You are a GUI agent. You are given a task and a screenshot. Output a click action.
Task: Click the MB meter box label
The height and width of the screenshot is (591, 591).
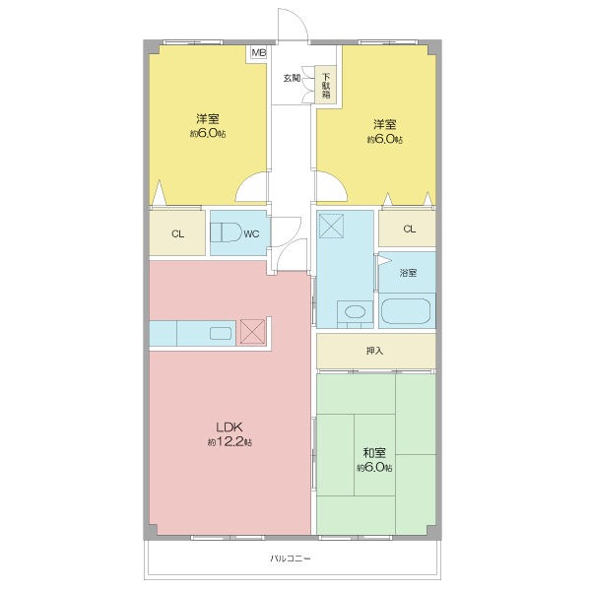point(259,52)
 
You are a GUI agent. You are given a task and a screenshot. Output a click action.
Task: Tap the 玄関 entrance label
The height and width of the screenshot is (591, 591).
point(293,78)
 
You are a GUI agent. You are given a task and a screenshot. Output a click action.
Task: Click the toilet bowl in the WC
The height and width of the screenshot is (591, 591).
point(230,232)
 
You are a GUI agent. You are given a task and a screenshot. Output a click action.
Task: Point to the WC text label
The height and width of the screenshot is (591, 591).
point(251,234)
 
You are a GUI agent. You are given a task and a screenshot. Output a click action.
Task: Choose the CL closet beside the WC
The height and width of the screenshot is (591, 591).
point(177,232)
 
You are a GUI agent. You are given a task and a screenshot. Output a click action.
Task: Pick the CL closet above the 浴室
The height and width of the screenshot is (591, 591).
point(408,229)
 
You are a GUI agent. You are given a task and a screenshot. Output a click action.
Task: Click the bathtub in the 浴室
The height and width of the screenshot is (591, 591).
point(406,311)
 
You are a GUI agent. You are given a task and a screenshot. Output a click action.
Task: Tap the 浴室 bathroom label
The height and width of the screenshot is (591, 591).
point(408,273)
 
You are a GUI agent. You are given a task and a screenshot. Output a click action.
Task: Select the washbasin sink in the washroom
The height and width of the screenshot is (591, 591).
point(355,312)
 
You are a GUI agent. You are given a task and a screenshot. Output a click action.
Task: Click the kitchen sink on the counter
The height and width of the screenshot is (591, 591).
point(221,333)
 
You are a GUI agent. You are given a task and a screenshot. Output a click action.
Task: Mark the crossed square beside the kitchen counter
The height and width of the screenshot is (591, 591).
point(252,332)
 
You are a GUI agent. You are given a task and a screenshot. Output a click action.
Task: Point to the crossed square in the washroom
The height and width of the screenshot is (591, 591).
point(331,226)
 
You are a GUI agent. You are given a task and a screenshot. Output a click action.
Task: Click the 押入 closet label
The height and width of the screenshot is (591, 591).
point(374,351)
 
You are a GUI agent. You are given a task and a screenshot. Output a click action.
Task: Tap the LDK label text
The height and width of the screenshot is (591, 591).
point(230,427)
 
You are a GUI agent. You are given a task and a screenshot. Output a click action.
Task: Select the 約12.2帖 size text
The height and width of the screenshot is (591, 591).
point(230,441)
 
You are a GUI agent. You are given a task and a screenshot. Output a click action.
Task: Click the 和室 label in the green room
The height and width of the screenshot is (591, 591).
point(374,453)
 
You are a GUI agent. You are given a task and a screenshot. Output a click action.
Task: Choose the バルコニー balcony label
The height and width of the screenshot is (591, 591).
point(291,558)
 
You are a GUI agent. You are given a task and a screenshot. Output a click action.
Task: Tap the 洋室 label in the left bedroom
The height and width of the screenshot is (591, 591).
point(208,119)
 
